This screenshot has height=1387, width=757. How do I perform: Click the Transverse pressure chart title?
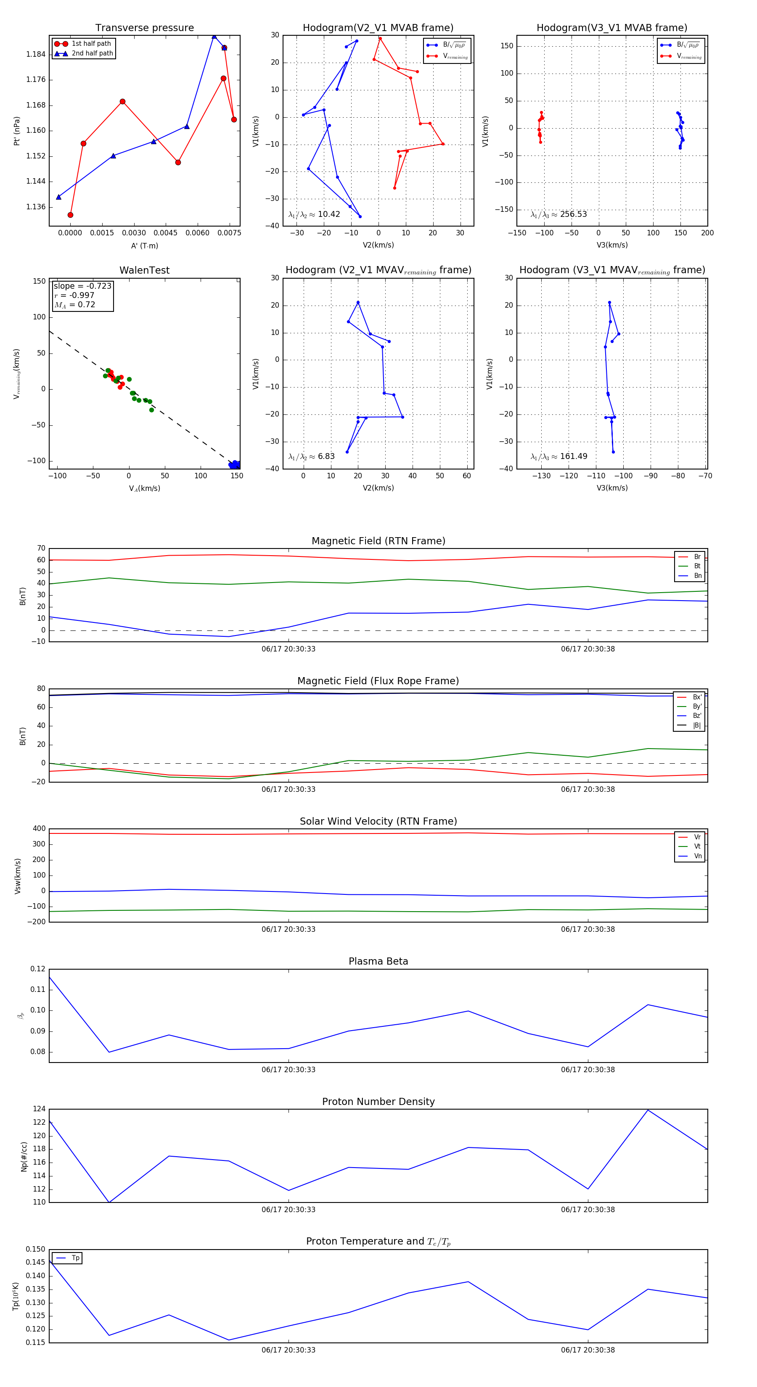(x=144, y=28)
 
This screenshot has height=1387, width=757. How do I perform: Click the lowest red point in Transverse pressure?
(x=70, y=215)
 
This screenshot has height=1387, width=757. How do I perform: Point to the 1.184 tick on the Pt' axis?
(x=36, y=54)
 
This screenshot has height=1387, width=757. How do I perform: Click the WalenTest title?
(x=144, y=270)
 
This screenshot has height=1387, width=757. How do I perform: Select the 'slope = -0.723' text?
(x=82, y=286)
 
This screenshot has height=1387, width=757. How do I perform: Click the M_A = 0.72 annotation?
(x=75, y=305)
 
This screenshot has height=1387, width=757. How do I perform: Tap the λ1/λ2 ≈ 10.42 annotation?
(x=314, y=214)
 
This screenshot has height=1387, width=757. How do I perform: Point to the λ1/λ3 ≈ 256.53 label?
(x=559, y=214)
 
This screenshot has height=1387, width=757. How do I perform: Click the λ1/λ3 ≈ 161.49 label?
(x=559, y=456)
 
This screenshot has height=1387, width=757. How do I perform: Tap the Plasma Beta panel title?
(x=378, y=962)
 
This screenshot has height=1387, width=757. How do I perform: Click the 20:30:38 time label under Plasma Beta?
(x=588, y=1070)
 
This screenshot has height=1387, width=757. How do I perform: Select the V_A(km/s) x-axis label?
(x=144, y=488)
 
